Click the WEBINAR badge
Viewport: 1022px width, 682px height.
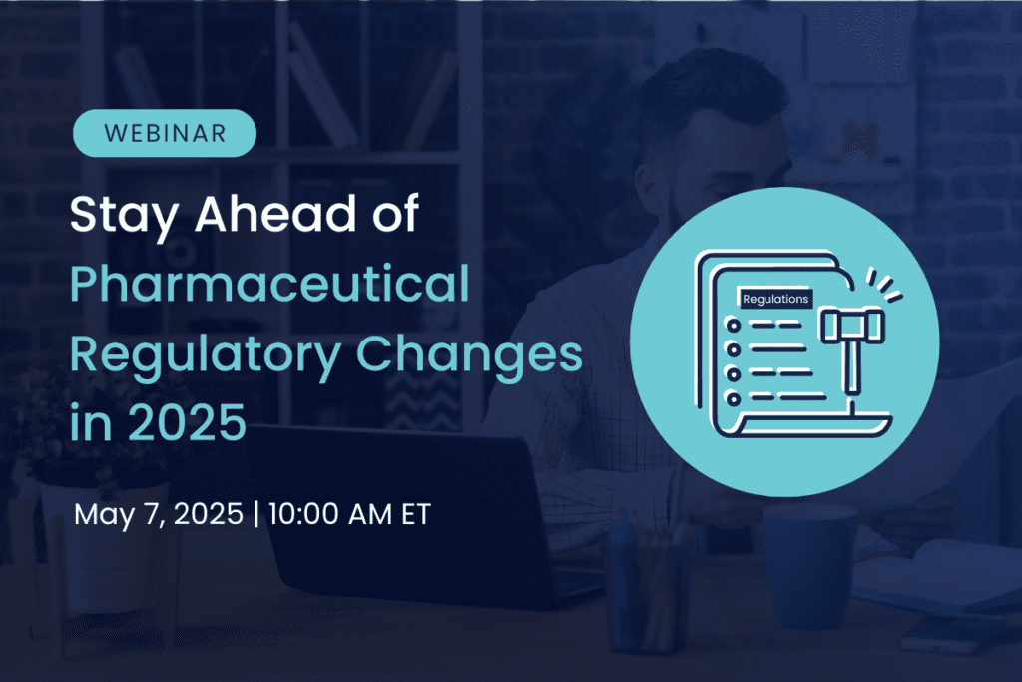[x=165, y=133]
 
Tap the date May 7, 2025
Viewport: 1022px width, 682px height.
[x=159, y=515]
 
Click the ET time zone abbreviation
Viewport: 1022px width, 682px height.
[x=413, y=515]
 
